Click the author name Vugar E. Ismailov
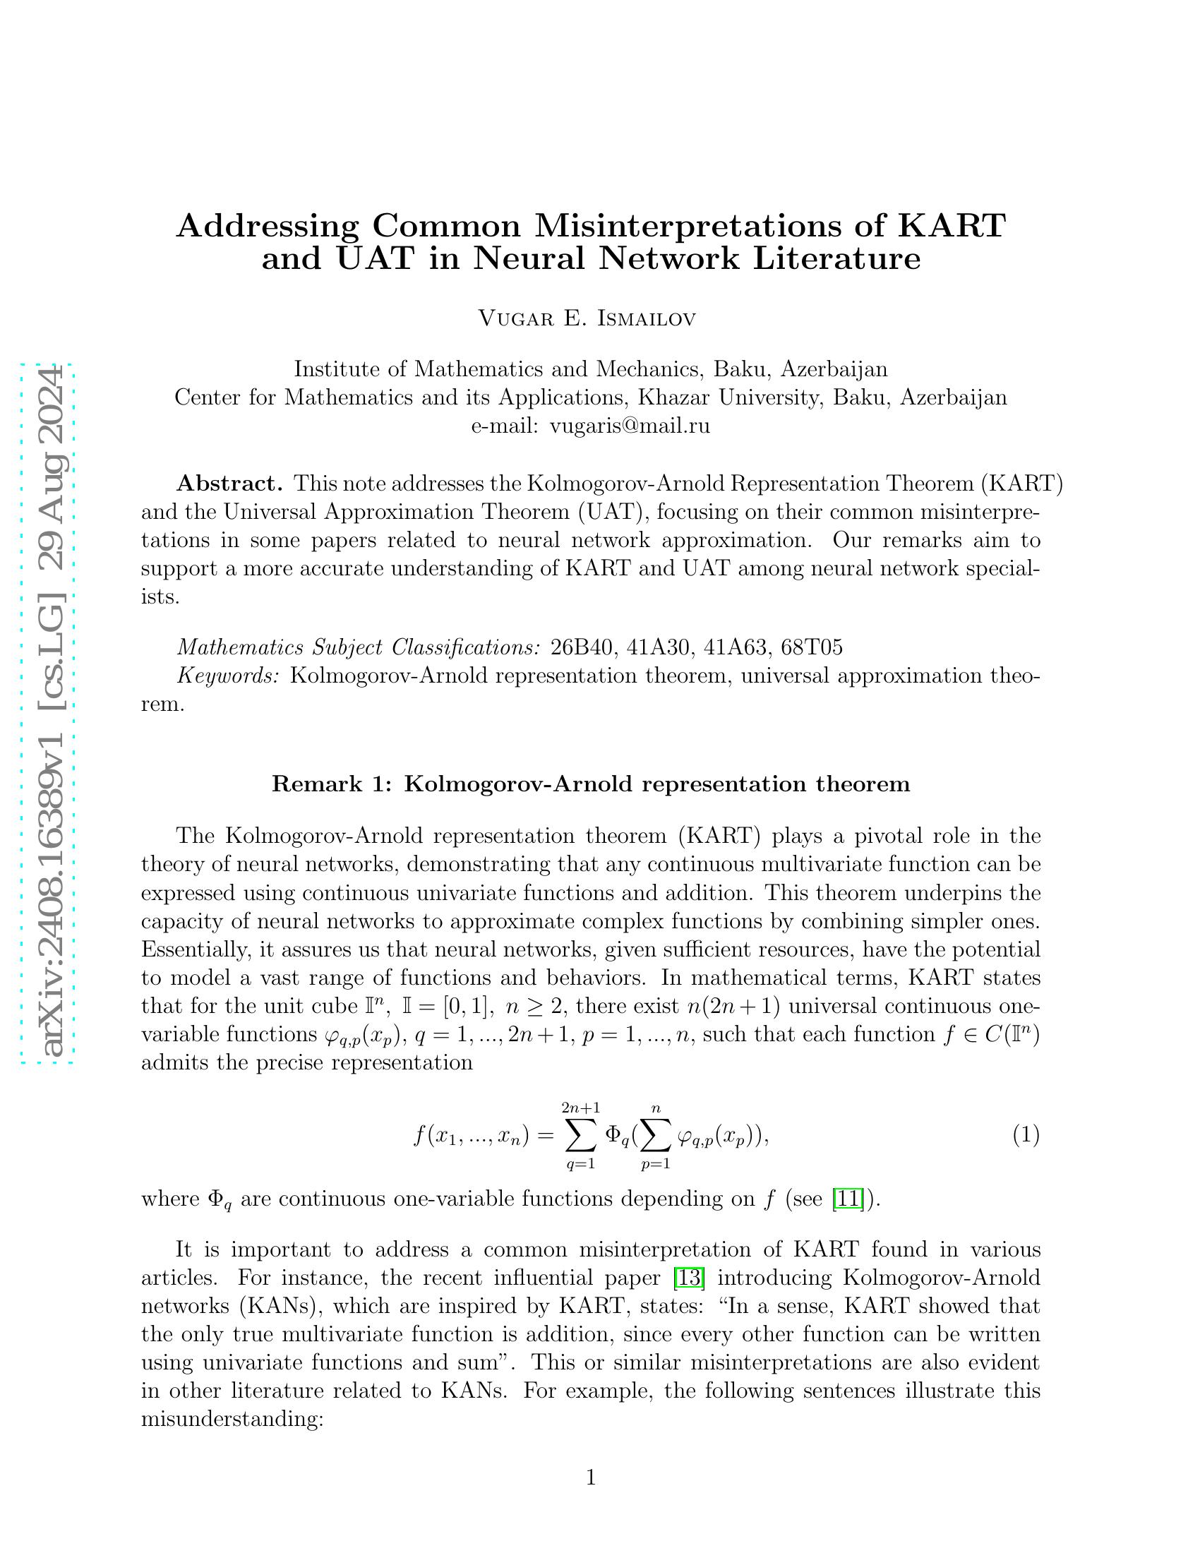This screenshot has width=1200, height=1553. coord(587,318)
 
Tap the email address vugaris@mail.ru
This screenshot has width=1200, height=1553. coord(630,426)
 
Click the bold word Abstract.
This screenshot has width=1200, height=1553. coord(229,484)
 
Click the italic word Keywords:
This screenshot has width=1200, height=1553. coord(228,676)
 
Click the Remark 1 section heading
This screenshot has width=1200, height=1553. coord(590,784)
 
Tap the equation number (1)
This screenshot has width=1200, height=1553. coord(1026,1135)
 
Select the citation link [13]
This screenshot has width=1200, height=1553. coord(688,1278)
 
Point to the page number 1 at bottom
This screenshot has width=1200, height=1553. coord(591,1478)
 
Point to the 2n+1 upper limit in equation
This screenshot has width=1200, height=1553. coord(580,1108)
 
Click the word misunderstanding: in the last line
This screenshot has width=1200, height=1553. coord(232,1420)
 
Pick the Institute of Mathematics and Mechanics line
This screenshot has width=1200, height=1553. coord(590,369)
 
